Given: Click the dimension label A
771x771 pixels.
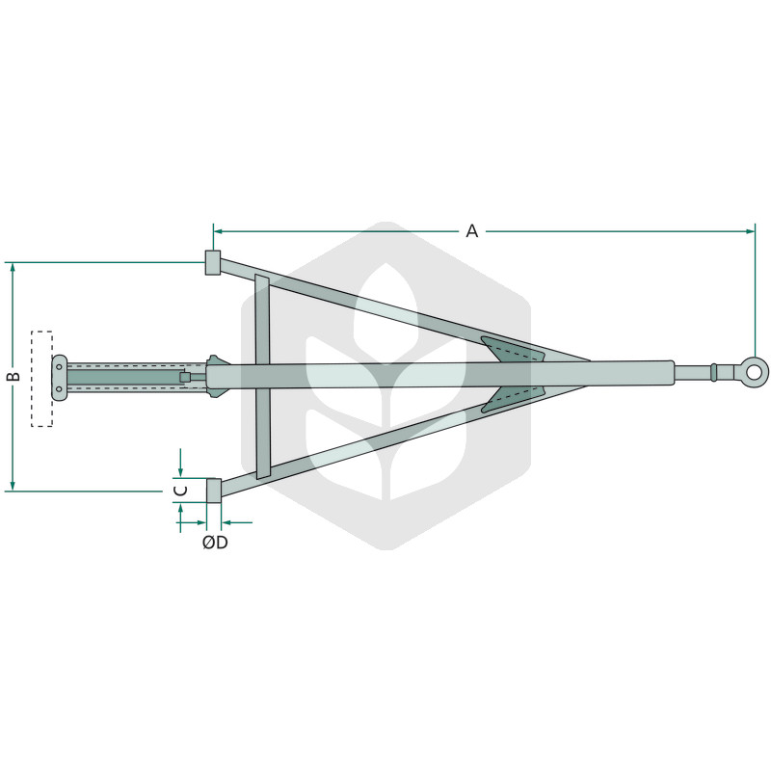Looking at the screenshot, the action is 471,230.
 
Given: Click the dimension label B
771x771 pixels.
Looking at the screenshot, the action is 13,376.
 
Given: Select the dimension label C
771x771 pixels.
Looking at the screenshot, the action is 181,491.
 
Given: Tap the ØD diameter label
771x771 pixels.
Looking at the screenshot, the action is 215,543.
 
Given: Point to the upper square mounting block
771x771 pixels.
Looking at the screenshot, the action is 213,262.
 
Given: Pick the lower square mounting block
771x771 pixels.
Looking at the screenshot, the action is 213,491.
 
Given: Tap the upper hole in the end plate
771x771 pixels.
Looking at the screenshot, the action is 59,367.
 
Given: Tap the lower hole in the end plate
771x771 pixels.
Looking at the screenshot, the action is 59,389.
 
